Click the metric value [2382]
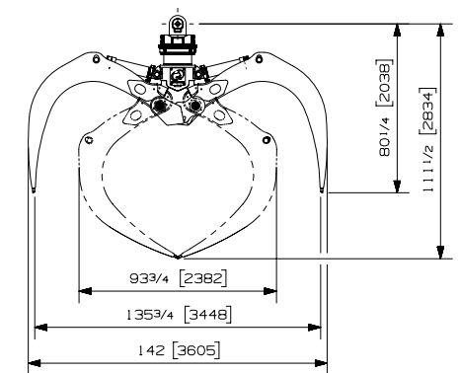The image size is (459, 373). [203, 278]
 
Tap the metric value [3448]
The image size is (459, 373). [207, 315]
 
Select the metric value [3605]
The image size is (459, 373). [196, 350]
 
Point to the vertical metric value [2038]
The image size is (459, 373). [384, 83]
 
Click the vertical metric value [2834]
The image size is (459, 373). [427, 111]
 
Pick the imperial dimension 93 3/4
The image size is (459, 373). [149, 279]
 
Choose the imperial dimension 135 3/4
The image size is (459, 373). [150, 315]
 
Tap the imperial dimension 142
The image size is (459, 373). [151, 350]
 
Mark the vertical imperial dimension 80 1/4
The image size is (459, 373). [385, 136]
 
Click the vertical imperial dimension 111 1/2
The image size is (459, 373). [428, 168]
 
